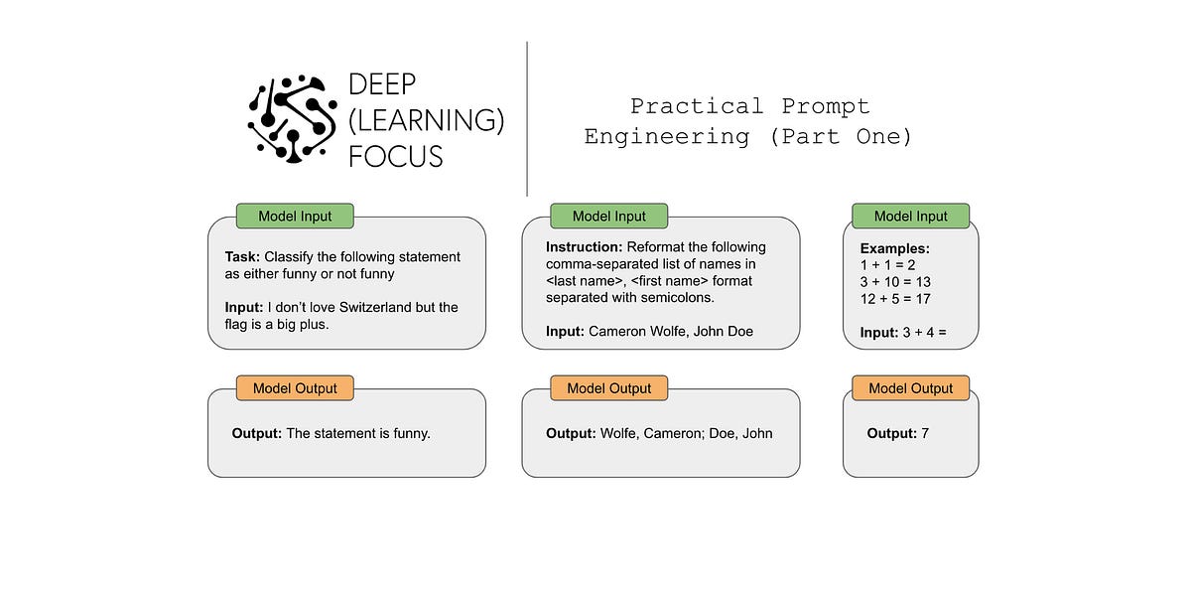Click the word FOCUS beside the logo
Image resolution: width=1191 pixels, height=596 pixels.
(x=395, y=155)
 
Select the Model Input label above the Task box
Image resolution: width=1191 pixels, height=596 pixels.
(x=295, y=216)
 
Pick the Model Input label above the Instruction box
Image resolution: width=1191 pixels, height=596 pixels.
(x=608, y=216)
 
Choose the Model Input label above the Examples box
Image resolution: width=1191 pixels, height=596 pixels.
(x=910, y=216)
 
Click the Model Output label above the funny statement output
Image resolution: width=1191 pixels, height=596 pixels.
(x=295, y=388)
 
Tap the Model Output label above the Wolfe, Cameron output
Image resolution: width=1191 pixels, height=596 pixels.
(x=608, y=388)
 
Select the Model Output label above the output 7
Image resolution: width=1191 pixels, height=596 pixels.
(x=910, y=388)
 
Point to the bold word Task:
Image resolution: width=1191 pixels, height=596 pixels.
(x=242, y=257)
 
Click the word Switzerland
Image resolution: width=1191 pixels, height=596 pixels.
(x=373, y=308)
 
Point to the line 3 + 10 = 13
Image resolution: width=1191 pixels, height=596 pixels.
(x=895, y=282)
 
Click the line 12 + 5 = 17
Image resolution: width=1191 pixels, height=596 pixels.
(x=895, y=299)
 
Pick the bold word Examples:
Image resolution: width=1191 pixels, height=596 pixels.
(x=894, y=248)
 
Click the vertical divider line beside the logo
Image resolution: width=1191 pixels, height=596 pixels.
(x=527, y=119)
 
